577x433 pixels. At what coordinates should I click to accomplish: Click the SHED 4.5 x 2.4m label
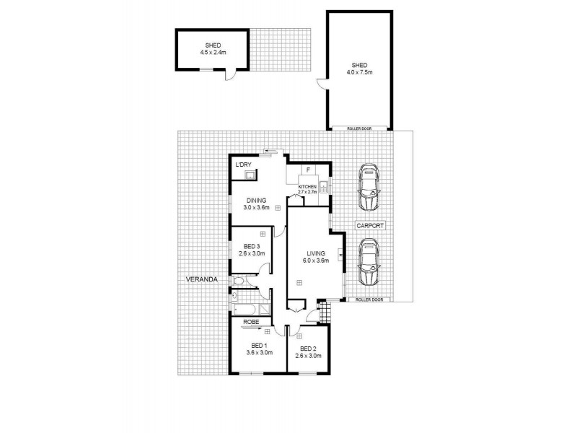(213, 48)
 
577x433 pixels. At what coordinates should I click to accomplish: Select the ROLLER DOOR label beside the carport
(369, 299)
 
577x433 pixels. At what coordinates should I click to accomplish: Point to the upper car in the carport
(369, 188)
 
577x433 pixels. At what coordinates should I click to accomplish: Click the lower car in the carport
(369, 263)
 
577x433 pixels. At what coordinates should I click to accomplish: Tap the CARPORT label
(370, 225)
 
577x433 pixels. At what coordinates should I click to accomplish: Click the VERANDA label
(198, 279)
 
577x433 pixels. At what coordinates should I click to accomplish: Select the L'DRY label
(243, 165)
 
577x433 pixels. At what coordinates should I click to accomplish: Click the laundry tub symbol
(248, 175)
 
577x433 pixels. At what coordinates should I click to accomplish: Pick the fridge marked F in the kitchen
(308, 171)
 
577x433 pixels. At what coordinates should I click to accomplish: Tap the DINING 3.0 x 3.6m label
(257, 204)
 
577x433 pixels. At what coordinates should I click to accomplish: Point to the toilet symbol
(239, 281)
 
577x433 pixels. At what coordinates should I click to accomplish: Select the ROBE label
(251, 321)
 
